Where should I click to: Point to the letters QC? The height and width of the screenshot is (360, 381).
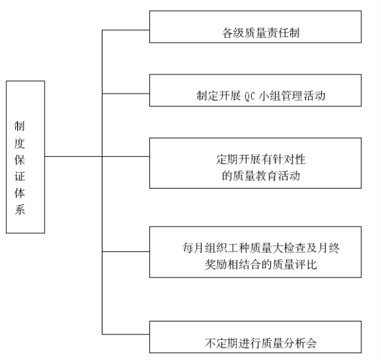[250, 96]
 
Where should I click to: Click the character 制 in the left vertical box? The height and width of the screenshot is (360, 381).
[19, 126]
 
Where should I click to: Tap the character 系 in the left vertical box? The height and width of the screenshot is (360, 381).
[19, 209]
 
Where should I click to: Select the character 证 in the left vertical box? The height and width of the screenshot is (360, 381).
[19, 176]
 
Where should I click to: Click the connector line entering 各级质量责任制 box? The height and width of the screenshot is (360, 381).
[126, 30]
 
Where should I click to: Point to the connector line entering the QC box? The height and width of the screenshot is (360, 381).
[126, 94]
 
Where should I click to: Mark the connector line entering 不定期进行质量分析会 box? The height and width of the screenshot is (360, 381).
[126, 335]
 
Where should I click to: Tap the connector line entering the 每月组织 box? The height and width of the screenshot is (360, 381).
[126, 251]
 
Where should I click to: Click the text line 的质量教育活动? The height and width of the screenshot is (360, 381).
[261, 176]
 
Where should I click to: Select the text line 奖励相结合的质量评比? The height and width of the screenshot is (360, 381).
[261, 264]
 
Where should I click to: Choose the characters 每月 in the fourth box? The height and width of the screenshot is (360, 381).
[193, 248]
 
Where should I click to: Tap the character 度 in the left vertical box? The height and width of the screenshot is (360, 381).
[19, 143]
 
